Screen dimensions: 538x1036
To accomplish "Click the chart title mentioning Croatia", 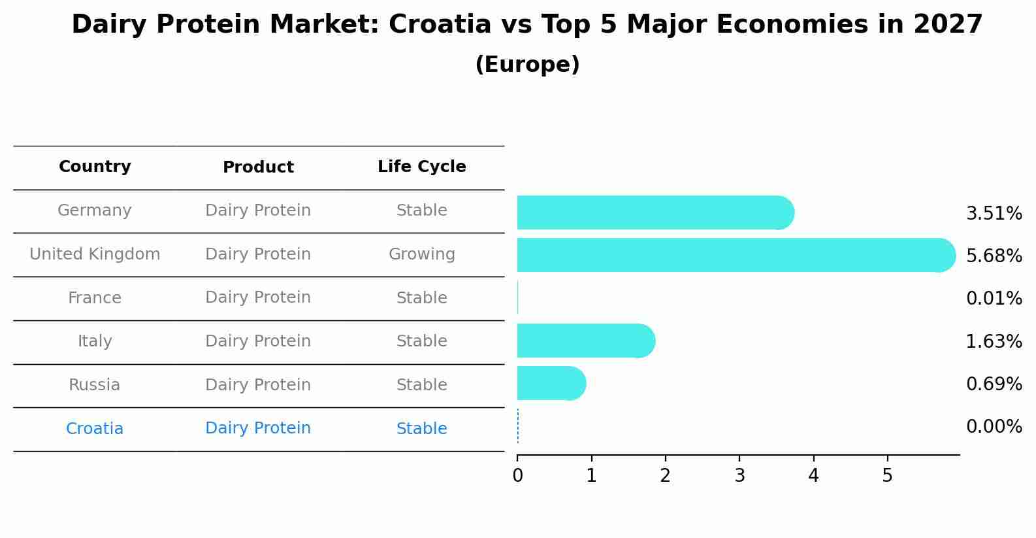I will pos(526,25).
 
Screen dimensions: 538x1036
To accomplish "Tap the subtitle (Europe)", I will pos(527,65).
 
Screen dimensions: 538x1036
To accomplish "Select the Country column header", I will pos(95,167).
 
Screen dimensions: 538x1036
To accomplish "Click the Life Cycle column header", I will pos(421,167).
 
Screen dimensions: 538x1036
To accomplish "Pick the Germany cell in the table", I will pos(95,210).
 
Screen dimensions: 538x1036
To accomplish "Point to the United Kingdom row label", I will pos(95,254).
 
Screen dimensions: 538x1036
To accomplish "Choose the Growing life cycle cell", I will pos(421,254).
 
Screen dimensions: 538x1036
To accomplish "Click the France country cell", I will pos(95,298).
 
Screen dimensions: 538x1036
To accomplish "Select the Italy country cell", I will pos(95,341).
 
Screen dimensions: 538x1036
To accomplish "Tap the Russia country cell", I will pos(95,385).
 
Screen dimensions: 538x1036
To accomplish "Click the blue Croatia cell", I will pos(95,429).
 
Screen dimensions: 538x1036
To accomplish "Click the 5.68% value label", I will pos(994,256).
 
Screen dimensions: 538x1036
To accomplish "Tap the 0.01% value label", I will pos(994,299).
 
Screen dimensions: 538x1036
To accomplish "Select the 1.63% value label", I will pos(994,341).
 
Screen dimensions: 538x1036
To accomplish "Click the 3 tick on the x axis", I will pos(739,476).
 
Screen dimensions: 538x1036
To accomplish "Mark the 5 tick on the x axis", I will pos(887,476).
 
